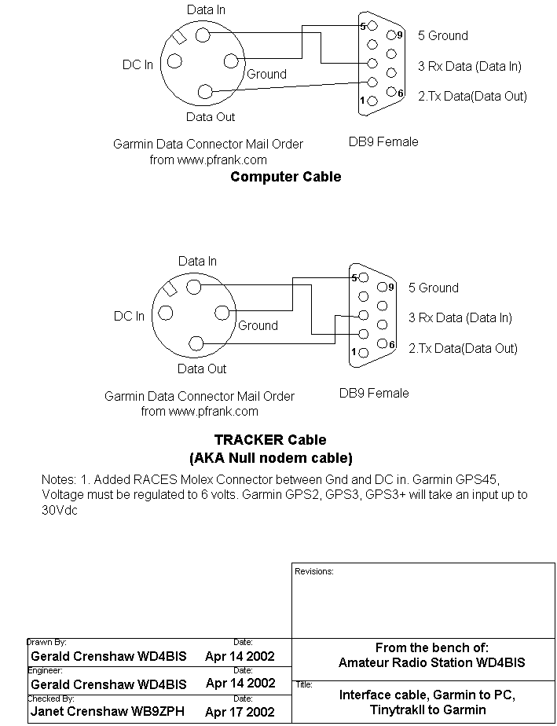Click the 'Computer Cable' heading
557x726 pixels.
[x=285, y=177]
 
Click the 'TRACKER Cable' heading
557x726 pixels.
[x=269, y=440]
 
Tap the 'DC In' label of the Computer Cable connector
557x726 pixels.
[x=137, y=64]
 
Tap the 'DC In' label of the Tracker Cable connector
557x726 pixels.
[x=129, y=316]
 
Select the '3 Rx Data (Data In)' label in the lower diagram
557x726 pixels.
[x=460, y=317]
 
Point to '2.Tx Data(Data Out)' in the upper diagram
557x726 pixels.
[x=472, y=96]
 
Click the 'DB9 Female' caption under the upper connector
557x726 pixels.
[x=383, y=142]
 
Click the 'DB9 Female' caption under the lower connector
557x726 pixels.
[x=374, y=393]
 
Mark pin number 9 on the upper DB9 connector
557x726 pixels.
[x=400, y=35]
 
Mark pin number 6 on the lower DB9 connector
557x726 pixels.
[x=391, y=344]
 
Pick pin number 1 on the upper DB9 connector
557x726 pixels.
[x=363, y=101]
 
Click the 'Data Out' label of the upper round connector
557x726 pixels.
[x=210, y=117]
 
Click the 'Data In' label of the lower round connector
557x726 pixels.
[x=197, y=261]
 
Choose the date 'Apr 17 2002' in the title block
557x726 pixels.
[x=240, y=713]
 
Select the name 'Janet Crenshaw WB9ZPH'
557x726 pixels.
[x=108, y=713]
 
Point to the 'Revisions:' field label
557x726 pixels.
[x=314, y=571]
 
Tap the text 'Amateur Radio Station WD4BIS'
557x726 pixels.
[x=431, y=662]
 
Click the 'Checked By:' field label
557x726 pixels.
[x=51, y=698]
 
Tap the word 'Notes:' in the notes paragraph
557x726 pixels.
[x=57, y=479]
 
